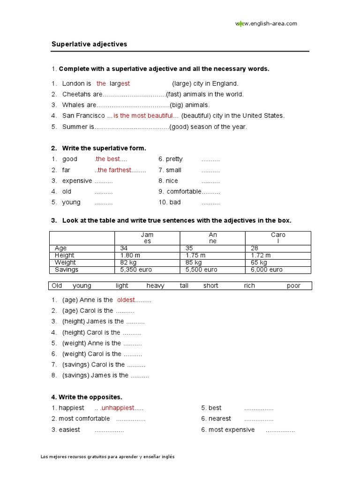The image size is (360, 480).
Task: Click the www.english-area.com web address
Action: click(266, 24)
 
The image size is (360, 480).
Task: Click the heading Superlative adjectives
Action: click(89, 44)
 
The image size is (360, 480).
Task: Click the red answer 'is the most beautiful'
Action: click(143, 116)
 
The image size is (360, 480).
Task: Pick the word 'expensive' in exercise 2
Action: click(77, 180)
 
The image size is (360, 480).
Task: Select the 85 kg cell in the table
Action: click(194, 262)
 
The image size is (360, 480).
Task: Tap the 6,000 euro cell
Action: click(267, 270)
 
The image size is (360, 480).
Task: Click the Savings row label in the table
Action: click(67, 270)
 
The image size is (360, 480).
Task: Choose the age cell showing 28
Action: click(255, 248)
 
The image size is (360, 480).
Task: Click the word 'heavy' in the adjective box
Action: click(155, 285)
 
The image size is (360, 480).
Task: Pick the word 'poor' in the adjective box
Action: click(293, 285)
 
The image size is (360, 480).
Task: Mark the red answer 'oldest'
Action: click(126, 300)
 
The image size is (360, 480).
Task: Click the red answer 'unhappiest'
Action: click(117, 408)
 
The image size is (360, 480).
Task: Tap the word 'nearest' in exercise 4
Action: click(220, 419)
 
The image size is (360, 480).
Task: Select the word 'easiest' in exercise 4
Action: click(69, 429)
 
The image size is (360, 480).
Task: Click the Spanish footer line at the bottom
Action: click(108, 457)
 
